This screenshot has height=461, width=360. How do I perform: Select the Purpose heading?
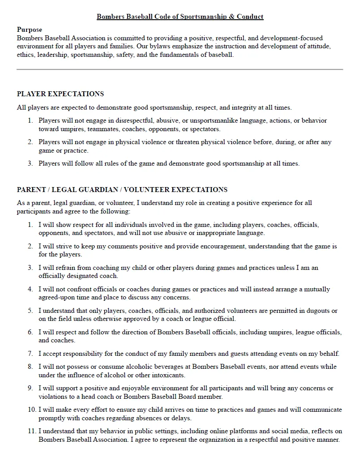coord(30,30)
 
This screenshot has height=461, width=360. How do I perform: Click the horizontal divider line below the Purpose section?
coord(180,69)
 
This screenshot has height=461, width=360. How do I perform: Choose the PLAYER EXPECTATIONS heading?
coord(60,94)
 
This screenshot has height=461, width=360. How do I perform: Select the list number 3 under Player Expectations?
coord(30,164)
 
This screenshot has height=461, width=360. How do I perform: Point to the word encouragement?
coord(218,246)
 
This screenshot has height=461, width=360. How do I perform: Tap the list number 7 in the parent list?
coord(30,354)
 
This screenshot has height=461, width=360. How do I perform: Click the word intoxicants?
coord(168,375)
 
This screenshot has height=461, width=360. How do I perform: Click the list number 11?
coord(32,431)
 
